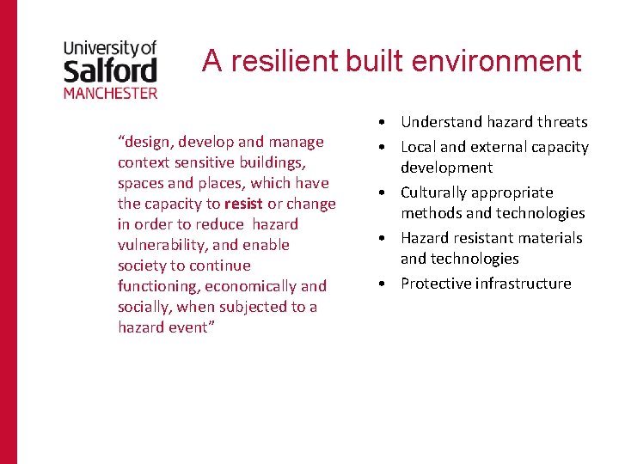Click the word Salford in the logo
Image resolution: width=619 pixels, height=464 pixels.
(x=110, y=70)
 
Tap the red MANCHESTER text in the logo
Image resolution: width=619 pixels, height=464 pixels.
(x=110, y=92)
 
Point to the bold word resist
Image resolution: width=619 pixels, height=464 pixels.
(x=243, y=204)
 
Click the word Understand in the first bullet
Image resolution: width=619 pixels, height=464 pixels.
(x=437, y=122)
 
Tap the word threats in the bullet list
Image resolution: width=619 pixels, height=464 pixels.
(x=562, y=122)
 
